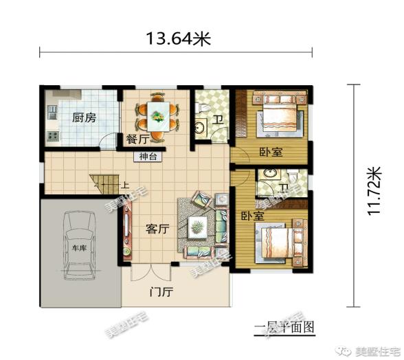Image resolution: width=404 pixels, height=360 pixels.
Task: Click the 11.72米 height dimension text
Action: pyautogui.click(x=374, y=191)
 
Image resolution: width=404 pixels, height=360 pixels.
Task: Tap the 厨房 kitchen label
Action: pyautogui.click(x=84, y=117)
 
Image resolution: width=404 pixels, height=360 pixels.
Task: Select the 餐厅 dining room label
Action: pyautogui.click(x=137, y=139)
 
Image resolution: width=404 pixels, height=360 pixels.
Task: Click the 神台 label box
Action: pyautogui.click(x=148, y=156)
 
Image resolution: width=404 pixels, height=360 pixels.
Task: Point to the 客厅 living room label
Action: pyautogui.click(x=157, y=229)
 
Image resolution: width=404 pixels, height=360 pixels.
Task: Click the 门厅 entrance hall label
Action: pyautogui.click(x=161, y=292)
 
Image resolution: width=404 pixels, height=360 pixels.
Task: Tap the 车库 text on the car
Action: pyautogui.click(x=79, y=247)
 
